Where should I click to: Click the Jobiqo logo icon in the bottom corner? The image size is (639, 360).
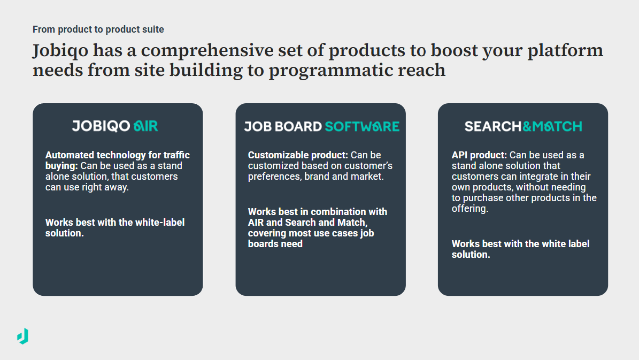click(22, 336)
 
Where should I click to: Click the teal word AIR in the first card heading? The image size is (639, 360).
click(146, 126)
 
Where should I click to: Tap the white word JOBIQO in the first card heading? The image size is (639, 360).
click(101, 126)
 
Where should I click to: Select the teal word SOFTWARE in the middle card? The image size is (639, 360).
click(362, 127)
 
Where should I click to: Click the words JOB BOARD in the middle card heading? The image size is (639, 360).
click(283, 127)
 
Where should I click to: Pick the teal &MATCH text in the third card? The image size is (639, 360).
click(552, 127)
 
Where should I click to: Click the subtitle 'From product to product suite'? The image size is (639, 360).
click(98, 29)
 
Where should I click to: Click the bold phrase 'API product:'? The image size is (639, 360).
click(480, 155)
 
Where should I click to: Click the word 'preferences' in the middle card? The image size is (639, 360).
click(274, 176)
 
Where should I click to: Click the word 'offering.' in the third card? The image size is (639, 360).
click(470, 209)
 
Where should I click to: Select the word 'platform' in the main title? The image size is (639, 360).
click(566, 51)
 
